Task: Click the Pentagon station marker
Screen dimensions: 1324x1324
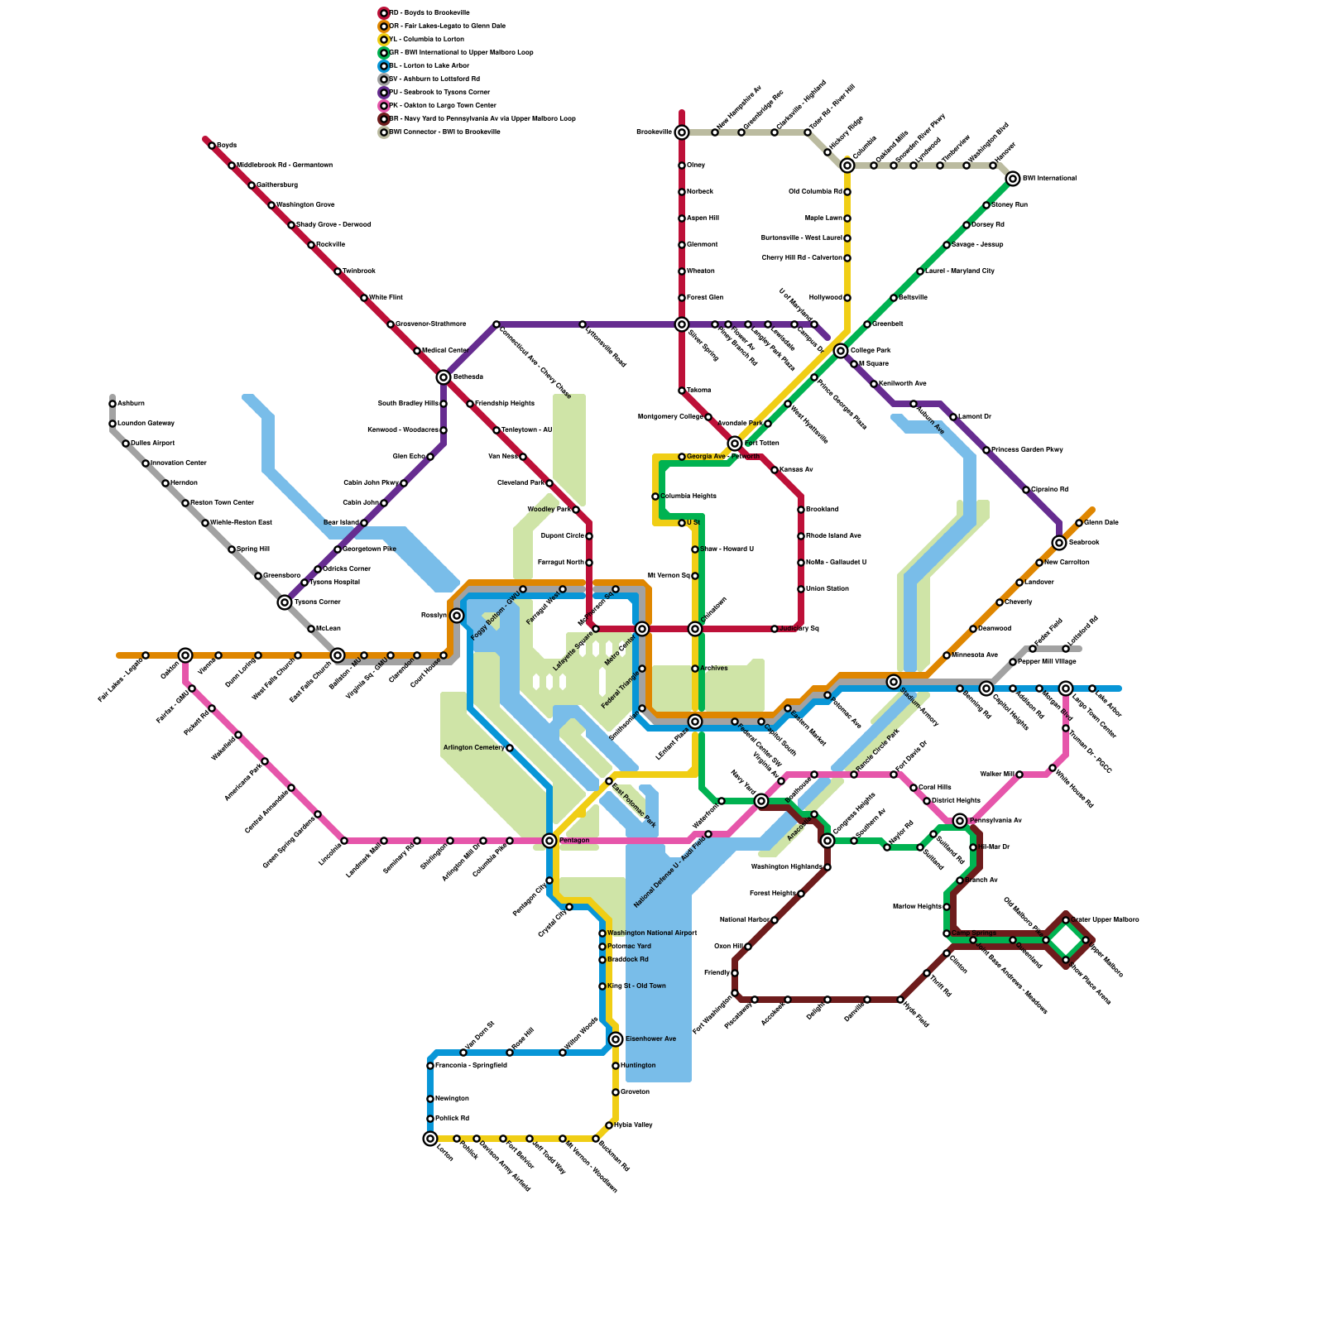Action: click(x=549, y=841)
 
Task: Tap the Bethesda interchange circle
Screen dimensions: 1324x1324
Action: click(x=444, y=377)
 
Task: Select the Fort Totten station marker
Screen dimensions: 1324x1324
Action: click(x=735, y=444)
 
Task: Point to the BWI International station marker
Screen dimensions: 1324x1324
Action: click(x=1013, y=179)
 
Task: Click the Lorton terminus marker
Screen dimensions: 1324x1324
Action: click(x=430, y=1139)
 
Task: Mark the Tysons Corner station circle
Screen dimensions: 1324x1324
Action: click(x=285, y=602)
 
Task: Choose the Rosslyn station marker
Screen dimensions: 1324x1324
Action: click(x=457, y=616)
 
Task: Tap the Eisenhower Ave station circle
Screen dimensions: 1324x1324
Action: click(x=616, y=1039)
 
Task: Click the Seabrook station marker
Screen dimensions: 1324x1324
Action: click(x=1059, y=543)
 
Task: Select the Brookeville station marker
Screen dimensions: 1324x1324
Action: click(x=682, y=132)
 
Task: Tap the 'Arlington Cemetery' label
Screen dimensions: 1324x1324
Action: click(x=473, y=748)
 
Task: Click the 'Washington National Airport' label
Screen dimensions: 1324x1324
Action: click(x=652, y=933)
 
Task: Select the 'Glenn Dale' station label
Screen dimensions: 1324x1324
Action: click(x=1101, y=523)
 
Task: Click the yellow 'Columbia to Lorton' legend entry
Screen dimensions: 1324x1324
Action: click(x=425, y=40)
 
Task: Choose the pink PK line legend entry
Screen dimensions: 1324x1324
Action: click(x=442, y=106)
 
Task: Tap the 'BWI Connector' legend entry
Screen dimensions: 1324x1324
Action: click(x=444, y=132)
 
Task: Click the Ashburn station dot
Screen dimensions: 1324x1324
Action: click(x=113, y=404)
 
